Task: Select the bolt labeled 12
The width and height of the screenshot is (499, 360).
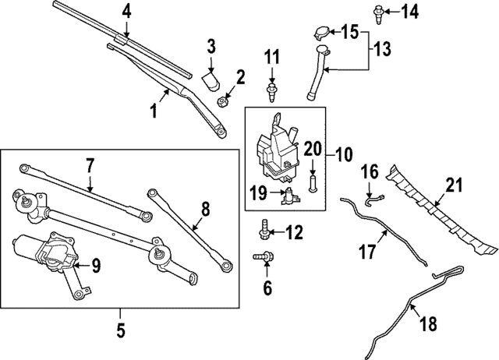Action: tap(264, 231)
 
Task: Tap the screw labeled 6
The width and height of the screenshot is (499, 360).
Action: tap(263, 257)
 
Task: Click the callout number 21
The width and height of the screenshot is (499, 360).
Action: tap(454, 185)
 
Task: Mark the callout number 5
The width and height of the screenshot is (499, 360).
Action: tap(121, 330)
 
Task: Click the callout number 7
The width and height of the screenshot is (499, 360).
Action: tap(90, 164)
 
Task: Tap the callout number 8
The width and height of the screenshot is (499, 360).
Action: tap(205, 208)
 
